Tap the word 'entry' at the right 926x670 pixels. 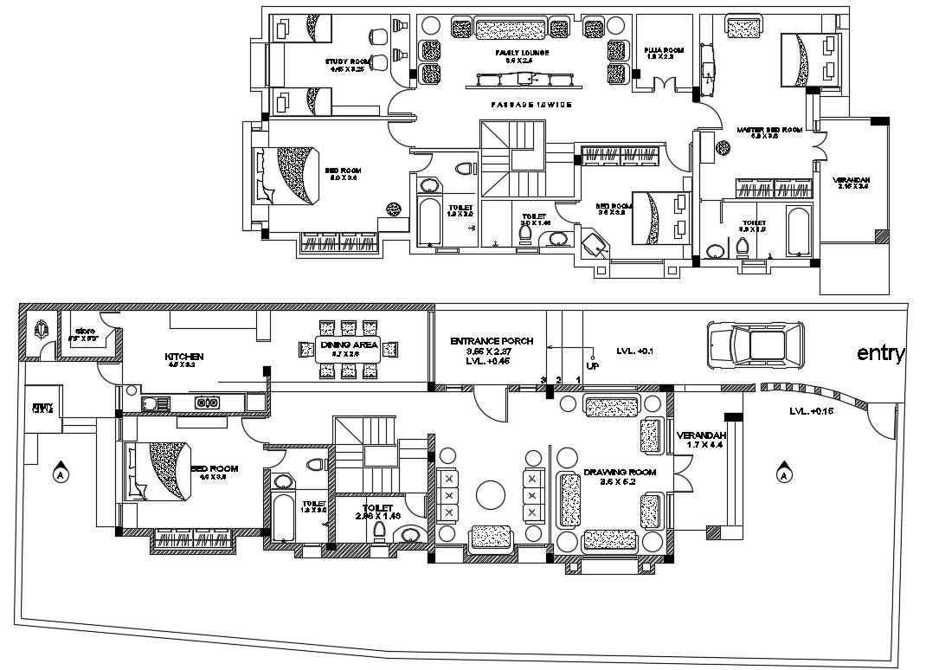(880, 353)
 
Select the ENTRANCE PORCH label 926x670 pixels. (492, 341)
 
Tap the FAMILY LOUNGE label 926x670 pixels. (521, 53)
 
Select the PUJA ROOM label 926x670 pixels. (664, 51)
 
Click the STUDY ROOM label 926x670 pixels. (348, 61)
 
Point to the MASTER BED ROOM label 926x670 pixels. (769, 129)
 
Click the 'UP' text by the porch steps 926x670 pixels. (593, 366)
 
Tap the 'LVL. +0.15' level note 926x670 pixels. (809, 411)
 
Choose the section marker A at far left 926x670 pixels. (60, 474)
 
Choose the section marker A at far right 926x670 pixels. (784, 474)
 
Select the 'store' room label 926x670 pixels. (84, 332)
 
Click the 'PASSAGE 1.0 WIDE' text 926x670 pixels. (523, 105)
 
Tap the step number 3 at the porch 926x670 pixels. (543, 380)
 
